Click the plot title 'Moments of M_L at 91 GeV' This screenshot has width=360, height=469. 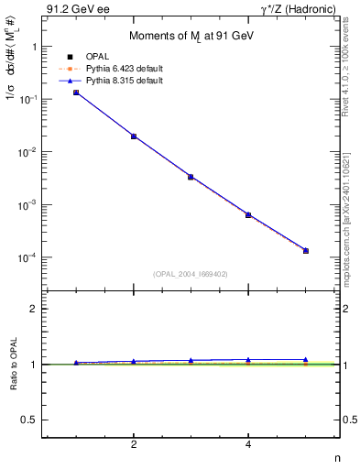[190, 36]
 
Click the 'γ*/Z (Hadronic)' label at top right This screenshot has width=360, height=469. [300, 10]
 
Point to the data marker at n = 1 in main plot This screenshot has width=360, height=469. [76, 93]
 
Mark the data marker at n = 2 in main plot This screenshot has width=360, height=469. [134, 136]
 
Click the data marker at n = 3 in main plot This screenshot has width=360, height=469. [191, 177]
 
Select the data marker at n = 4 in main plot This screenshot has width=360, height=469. [248, 215]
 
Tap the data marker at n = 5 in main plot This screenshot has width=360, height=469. [306, 251]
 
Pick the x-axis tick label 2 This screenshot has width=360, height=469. [134, 445]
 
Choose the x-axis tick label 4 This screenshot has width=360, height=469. [248, 445]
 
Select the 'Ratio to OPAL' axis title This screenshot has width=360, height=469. [10, 364]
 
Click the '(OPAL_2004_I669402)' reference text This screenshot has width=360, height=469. [191, 273]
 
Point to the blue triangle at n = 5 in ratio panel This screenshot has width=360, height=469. [306, 360]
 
